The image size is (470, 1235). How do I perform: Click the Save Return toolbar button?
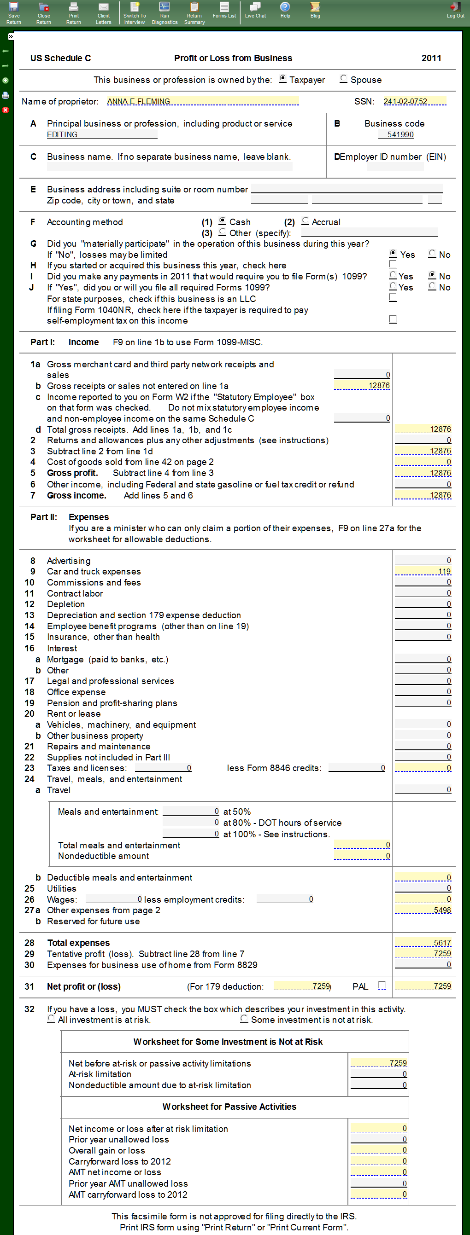13,12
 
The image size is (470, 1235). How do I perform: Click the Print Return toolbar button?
73,12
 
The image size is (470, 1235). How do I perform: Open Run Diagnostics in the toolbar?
164,12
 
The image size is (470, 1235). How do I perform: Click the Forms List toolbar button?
224,10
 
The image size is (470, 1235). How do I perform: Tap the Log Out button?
455,10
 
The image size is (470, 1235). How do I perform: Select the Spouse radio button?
343,79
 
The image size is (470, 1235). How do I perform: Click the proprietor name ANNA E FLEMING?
138,101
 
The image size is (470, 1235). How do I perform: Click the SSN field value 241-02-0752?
405,101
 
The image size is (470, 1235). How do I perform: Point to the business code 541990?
400,134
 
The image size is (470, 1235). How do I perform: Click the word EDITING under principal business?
62,134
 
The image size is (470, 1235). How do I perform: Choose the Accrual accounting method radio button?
305,220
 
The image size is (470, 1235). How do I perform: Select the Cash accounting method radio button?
222,220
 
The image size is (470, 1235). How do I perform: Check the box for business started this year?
393,264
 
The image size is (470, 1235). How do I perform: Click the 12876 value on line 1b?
379,385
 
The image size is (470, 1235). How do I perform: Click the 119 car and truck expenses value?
444,571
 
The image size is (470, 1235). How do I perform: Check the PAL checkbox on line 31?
382,985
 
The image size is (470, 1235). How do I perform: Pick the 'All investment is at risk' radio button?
51,1018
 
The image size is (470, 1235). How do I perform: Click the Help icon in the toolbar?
285,10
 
